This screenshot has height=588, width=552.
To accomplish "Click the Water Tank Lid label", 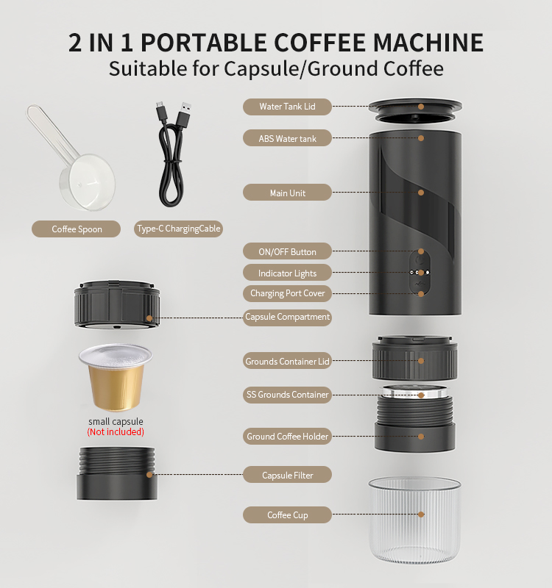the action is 287,107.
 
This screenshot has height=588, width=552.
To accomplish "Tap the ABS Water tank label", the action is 287,138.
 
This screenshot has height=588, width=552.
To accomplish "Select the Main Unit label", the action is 287,193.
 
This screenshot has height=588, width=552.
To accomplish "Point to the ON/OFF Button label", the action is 287,251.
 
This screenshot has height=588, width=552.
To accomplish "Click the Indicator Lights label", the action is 287,273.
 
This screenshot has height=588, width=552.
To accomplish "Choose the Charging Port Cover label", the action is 287,293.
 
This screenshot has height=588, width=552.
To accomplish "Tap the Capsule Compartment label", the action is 287,318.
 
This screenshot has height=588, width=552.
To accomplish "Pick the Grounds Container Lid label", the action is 287,361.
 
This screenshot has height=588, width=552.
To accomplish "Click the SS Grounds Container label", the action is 287,395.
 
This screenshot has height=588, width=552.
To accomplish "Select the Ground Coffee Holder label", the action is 287,436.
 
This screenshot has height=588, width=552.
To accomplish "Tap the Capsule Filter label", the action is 287,475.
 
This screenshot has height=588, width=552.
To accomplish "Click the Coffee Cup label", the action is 287,515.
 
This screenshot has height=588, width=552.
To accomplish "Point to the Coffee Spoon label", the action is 77,229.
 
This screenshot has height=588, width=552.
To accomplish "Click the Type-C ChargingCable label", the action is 178,229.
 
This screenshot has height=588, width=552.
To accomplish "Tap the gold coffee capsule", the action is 116,377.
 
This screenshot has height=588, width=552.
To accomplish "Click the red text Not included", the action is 116,432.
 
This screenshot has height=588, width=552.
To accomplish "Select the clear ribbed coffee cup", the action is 414,520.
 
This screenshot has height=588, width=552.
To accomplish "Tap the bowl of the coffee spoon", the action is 88,182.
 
